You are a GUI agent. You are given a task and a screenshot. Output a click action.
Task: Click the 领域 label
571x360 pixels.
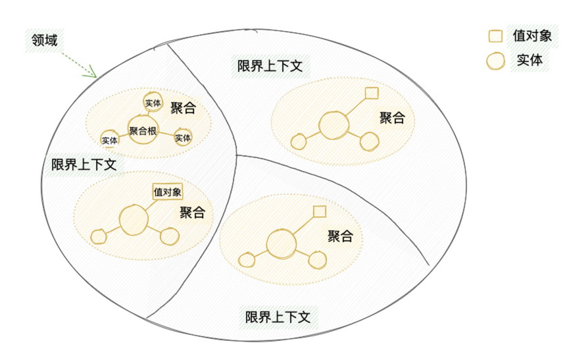click(x=44, y=39)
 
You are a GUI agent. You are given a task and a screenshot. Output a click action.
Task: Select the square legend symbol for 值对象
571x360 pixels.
click(x=495, y=36)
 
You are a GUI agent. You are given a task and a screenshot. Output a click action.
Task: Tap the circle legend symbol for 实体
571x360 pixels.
click(x=495, y=61)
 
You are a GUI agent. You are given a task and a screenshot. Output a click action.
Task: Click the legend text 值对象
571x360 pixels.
click(x=532, y=36)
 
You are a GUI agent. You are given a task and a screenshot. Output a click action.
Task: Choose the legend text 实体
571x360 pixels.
click(x=530, y=60)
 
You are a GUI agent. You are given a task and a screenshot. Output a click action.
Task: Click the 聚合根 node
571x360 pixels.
click(x=143, y=130)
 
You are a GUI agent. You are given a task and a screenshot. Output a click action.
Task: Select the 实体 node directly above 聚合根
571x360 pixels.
click(x=153, y=103)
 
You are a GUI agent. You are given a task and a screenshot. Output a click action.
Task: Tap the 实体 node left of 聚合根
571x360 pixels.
click(x=110, y=140)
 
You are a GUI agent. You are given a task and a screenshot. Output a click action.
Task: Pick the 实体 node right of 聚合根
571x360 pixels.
click(x=183, y=138)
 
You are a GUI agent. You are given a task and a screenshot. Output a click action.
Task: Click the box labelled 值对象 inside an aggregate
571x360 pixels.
click(x=167, y=192)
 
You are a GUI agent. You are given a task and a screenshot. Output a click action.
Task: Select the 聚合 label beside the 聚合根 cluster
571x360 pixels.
click(x=183, y=108)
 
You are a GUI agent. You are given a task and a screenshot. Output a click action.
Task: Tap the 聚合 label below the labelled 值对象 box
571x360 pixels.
click(x=192, y=212)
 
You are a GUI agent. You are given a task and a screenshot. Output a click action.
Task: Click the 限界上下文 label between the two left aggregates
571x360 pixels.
click(x=84, y=165)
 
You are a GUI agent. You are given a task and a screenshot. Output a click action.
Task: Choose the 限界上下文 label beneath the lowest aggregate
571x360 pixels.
click(x=278, y=317)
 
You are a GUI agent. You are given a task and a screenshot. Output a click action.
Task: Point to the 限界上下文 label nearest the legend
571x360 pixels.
click(x=270, y=66)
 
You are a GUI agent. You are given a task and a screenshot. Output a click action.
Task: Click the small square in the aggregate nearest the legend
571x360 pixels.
click(x=372, y=93)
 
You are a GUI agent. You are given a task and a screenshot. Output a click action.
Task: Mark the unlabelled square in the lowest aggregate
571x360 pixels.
click(x=319, y=212)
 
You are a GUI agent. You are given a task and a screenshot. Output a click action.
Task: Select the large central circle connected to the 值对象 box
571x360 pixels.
click(x=134, y=220)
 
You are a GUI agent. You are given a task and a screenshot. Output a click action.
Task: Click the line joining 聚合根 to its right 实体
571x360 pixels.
click(x=166, y=134)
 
